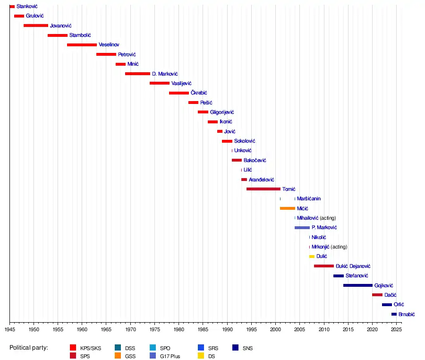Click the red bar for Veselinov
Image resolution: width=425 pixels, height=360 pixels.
click(82, 45)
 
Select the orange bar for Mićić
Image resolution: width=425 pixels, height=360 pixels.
click(287, 208)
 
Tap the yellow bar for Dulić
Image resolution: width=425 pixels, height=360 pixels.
click(312, 257)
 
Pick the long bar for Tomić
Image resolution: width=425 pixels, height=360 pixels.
click(263, 189)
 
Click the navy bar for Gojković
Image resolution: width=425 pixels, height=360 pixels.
click(357, 285)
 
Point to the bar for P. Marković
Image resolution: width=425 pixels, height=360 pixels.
click(302, 228)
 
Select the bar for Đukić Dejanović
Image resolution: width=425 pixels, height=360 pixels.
click(323, 266)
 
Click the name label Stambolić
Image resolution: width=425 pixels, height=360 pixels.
click(80, 35)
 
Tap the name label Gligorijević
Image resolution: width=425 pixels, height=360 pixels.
click(222, 112)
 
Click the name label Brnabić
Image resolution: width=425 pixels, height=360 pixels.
click(407, 315)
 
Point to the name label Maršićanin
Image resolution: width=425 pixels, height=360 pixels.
click(309, 199)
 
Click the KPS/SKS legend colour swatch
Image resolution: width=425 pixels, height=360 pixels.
click(73, 348)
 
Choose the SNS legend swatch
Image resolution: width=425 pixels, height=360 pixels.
click(236, 348)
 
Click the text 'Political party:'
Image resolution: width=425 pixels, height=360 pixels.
click(29, 348)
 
